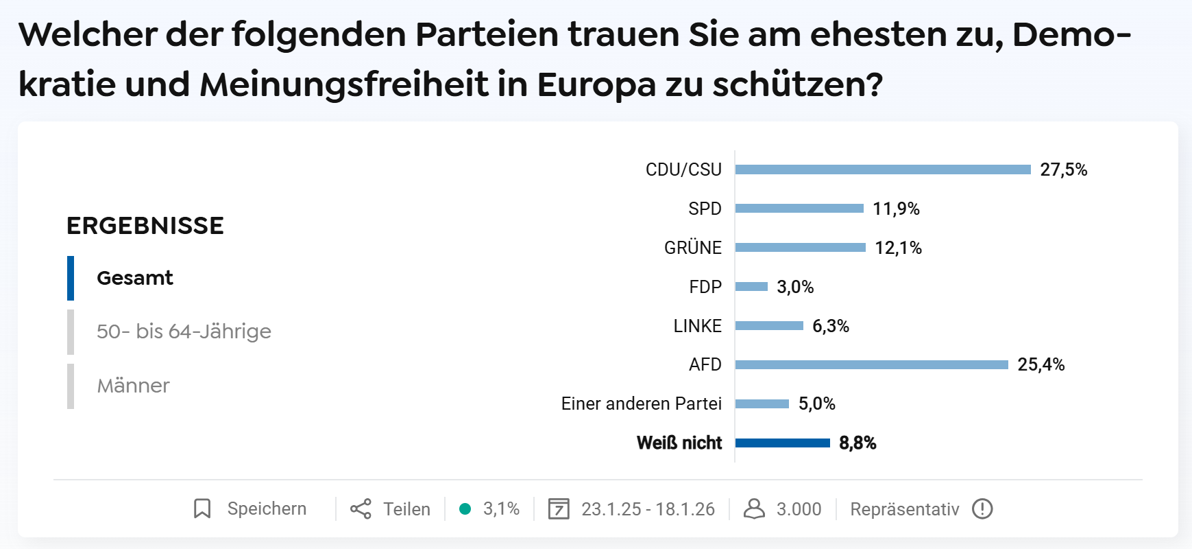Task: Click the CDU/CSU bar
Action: (x=882, y=170)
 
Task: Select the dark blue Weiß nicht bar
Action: (x=782, y=443)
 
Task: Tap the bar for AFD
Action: (x=871, y=364)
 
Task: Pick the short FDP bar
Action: (x=751, y=287)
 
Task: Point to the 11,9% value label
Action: (x=896, y=209)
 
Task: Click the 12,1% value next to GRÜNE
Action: (x=898, y=248)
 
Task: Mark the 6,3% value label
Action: (x=830, y=326)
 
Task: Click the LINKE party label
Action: (x=697, y=326)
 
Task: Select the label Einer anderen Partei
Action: (x=641, y=404)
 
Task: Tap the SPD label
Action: (x=705, y=209)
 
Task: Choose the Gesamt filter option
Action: (x=135, y=278)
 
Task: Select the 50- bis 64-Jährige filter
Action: (x=184, y=331)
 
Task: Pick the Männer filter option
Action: (x=133, y=386)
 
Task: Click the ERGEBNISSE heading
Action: (x=145, y=226)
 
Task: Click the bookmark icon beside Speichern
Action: (x=202, y=509)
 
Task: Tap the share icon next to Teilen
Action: (x=361, y=509)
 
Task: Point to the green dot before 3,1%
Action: (x=465, y=509)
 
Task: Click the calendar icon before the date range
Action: (x=559, y=509)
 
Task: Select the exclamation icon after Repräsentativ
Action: (x=982, y=509)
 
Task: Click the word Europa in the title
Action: (x=596, y=84)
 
